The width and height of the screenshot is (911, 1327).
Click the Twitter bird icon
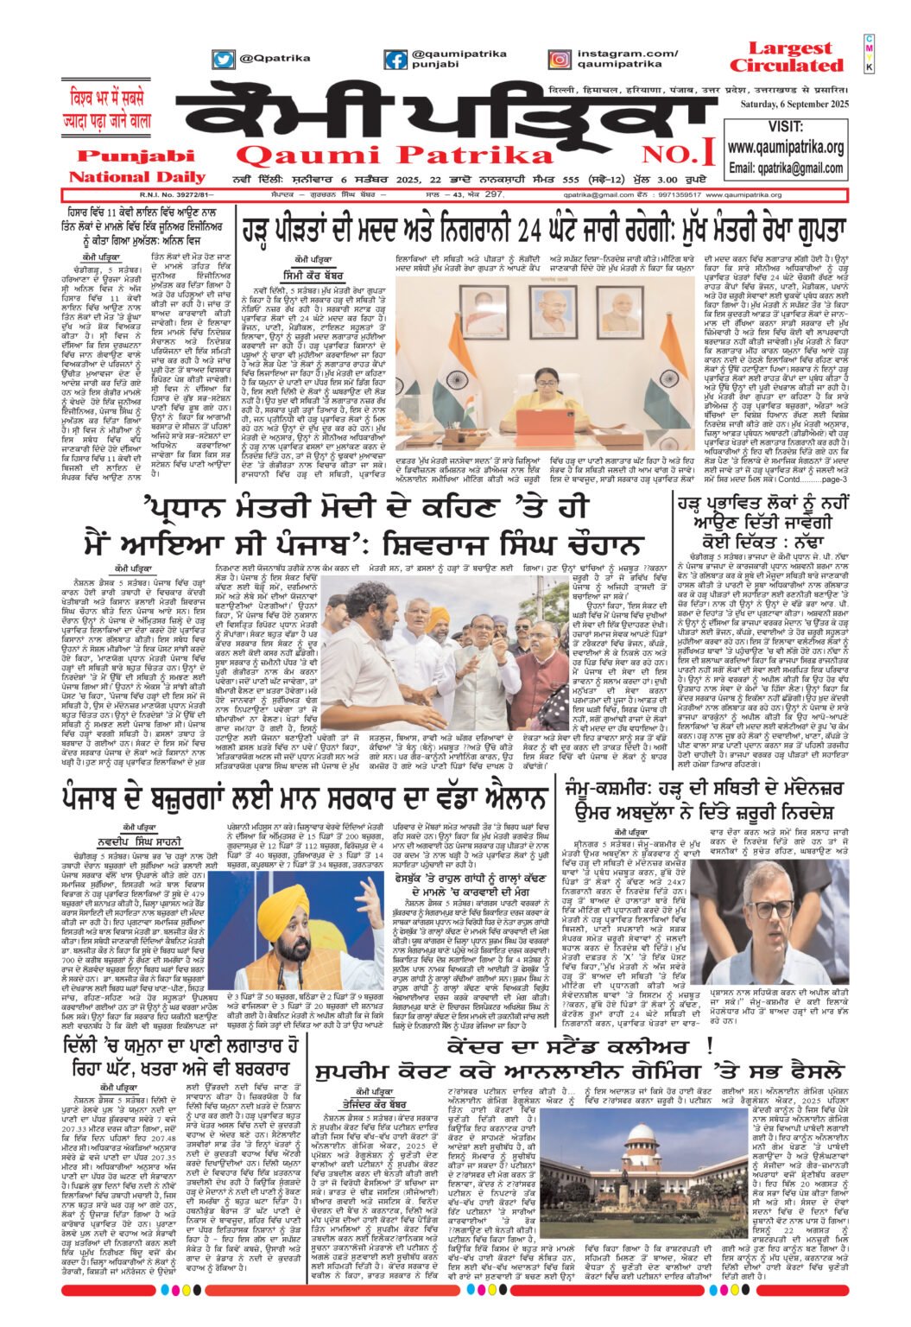click(224, 60)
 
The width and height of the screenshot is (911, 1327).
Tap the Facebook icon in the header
click(395, 60)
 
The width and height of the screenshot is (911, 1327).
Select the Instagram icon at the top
click(560, 60)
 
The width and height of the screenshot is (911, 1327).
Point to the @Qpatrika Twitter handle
click(269, 59)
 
